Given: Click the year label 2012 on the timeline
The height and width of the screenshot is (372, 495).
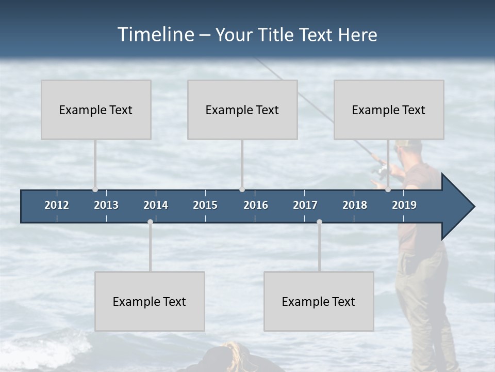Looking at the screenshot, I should pos(57,205).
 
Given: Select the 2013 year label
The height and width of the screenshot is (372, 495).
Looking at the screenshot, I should pos(106,205).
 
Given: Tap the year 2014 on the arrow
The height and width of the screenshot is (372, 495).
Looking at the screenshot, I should pos(156,205).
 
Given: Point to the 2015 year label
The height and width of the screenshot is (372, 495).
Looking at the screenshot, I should pos(205,205).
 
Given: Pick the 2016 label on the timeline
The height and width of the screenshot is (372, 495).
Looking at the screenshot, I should pos(256,205).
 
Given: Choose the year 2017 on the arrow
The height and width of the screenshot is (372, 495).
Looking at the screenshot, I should pos(305,205).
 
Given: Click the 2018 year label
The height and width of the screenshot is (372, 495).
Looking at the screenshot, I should pos(355,205).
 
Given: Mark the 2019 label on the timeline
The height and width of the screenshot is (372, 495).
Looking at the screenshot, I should pos(404,205).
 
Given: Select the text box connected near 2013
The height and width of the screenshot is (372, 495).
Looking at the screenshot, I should pos(96,110).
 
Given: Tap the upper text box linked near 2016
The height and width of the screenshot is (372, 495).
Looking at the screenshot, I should pos(242,110).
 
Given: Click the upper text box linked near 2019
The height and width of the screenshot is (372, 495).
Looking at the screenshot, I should pos(389,110).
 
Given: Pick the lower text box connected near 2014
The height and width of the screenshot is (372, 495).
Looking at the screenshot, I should pos(150,301).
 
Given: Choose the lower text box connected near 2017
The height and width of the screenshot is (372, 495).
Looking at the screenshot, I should pos(319,301).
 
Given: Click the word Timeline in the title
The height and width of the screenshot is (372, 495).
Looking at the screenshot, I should pos(155,35).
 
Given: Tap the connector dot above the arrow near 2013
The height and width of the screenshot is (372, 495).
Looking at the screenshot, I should pos(95,190).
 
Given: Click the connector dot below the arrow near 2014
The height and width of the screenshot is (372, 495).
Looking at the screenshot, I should pos(150,222).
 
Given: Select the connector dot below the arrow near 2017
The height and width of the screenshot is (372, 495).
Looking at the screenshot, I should pos(319,222).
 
